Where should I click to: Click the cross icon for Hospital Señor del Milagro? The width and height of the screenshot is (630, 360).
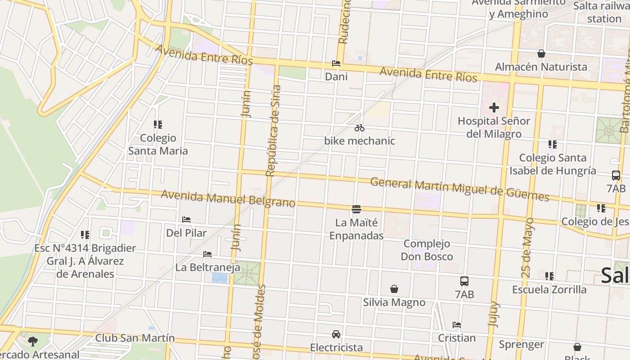(494, 108)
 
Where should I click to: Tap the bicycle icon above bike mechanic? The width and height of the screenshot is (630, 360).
(359, 128)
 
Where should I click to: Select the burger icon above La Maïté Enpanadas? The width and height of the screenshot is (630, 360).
(356, 209)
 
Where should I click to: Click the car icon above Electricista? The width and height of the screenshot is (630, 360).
(336, 334)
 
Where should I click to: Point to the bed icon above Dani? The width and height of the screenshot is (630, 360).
(336, 63)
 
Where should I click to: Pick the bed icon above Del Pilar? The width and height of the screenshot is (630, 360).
(186, 220)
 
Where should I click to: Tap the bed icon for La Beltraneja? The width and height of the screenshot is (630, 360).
(207, 254)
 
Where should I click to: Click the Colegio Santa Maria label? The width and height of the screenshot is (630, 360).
(158, 144)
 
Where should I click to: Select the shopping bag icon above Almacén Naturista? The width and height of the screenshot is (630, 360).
(541, 54)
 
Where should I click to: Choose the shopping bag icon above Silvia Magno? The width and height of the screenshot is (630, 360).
(394, 289)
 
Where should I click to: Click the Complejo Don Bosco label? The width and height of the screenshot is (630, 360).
(427, 250)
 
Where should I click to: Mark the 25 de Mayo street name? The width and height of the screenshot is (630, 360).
(529, 247)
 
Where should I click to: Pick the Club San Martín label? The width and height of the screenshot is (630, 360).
(135, 338)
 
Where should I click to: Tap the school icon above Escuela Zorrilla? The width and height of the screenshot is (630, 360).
(549, 276)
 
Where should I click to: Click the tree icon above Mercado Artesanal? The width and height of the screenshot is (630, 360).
(32, 341)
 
